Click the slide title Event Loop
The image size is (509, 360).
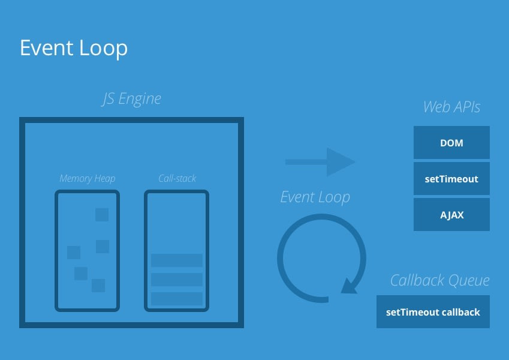[73, 49]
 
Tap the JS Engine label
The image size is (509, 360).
[131, 98]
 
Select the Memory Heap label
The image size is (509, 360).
[88, 178]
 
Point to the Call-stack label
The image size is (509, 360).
[177, 178]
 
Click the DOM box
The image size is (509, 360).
[451, 143]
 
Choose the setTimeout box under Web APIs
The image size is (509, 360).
[451, 179]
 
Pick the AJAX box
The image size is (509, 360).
[451, 215]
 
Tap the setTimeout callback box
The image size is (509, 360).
[433, 312]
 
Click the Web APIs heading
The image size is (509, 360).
[451, 107]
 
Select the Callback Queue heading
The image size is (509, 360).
[439, 280]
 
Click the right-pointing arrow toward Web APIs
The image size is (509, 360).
[320, 162]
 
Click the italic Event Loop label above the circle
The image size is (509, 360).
[315, 197]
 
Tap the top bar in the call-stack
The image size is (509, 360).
[177, 260]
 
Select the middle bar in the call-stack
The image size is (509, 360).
[177, 280]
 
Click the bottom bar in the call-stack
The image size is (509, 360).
[177, 299]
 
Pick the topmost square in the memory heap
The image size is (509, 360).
[102, 214]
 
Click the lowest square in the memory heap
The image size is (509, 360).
[98, 286]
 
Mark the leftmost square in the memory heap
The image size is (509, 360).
[74, 253]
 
